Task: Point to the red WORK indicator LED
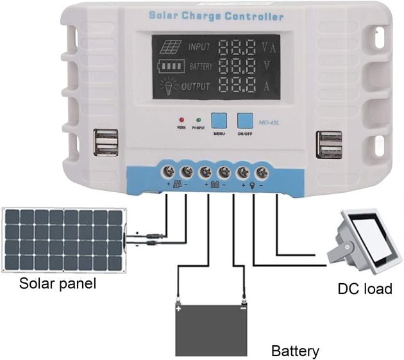point(181,119)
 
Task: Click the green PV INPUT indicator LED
point(198,119)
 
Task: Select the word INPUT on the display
point(203,46)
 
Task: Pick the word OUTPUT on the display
point(205,86)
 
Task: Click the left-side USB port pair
point(106,143)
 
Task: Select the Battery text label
point(295,351)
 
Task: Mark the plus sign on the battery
point(181,307)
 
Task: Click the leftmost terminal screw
point(168,172)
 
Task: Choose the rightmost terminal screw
point(262,172)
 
